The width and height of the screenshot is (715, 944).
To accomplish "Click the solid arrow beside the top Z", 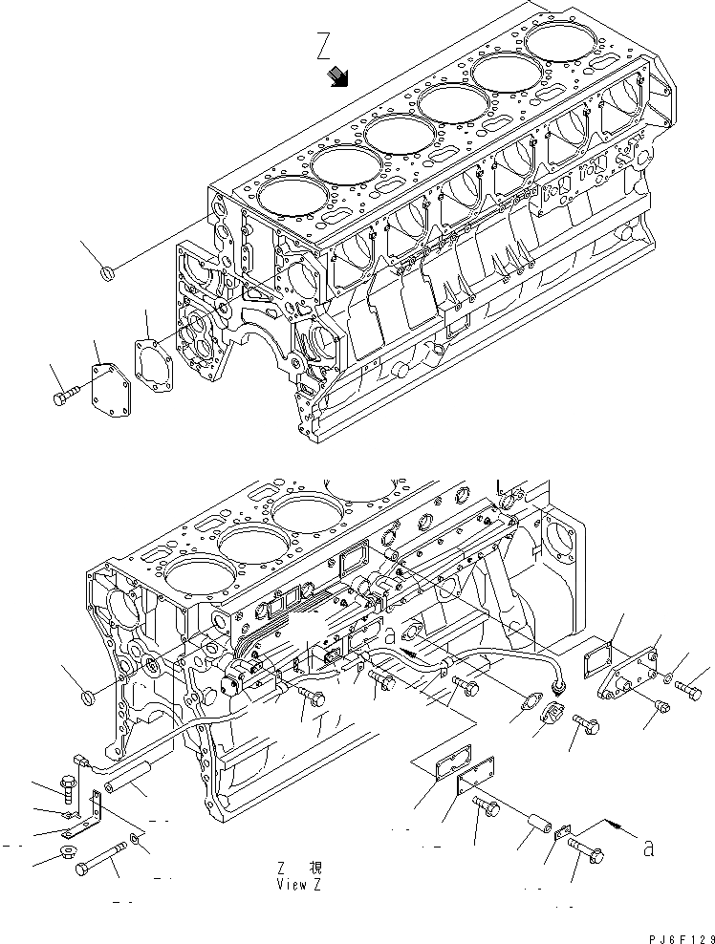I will (337, 77).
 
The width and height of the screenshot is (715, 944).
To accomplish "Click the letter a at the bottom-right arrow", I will (649, 847).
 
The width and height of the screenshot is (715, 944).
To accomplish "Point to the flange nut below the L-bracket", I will (70, 852).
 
